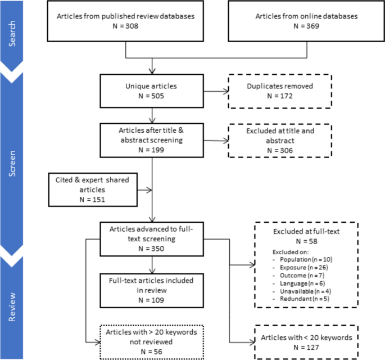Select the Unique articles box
151,91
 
